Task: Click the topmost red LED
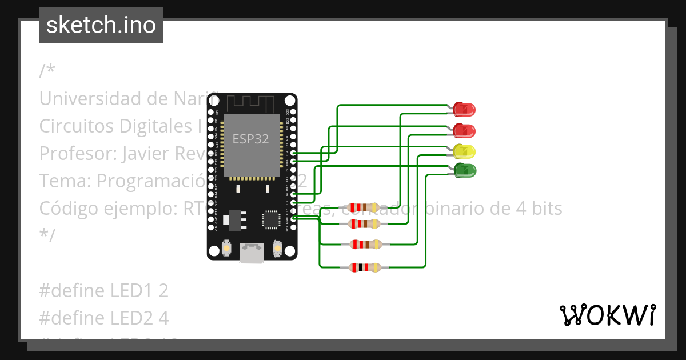point(464,109)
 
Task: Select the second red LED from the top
point(464,130)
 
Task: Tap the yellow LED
point(464,151)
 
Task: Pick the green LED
point(464,170)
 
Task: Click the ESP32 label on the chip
point(250,139)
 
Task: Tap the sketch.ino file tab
point(101,25)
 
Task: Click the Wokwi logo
point(607,315)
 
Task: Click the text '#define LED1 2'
point(103,291)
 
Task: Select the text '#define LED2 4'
point(103,317)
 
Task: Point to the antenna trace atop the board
point(251,105)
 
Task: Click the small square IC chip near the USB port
point(270,219)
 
